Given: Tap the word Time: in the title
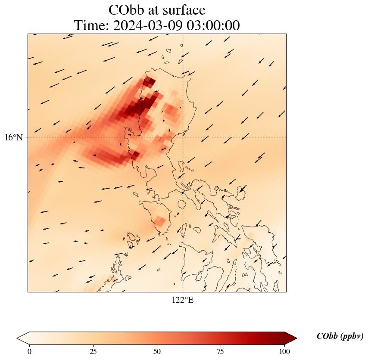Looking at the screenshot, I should tap(91, 25).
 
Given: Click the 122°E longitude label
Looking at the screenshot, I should tap(183, 300).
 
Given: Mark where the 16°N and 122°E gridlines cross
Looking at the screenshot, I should tap(183, 137).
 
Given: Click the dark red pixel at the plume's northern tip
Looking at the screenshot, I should tap(149, 81).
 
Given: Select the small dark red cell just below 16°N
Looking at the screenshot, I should tap(136, 154).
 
